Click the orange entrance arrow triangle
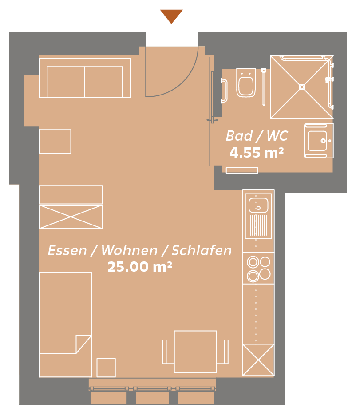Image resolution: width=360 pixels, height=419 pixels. coord(171,16)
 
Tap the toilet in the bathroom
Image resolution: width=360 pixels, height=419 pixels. coord(246,83)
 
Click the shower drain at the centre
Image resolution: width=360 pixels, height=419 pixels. coord(302,87)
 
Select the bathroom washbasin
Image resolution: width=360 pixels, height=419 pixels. coord(319,141)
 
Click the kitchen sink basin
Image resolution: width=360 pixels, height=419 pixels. coord(258,205)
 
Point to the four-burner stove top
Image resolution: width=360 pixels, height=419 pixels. coord(258,268)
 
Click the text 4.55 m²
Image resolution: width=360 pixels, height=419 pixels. coord(257,153)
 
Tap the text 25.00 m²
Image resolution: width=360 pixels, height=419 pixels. coord(139,266)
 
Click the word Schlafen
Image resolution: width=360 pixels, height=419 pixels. coord(202,250)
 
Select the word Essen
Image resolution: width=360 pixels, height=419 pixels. coord(67,251)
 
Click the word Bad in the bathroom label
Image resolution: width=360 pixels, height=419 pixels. coord(239,136)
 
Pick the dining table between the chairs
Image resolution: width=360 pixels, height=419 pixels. coord(195,352)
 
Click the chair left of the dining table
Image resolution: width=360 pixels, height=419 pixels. coord(168,352)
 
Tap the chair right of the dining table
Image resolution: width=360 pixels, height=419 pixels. coord(223,352)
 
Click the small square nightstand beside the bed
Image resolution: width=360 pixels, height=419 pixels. coord(106,368)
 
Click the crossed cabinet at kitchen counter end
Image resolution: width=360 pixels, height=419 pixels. coord(258,360)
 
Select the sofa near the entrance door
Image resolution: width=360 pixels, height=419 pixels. coord(85,78)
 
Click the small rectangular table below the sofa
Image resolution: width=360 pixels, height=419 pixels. coord(55,141)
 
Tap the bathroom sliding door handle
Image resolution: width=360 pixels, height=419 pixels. coord(212,120)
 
